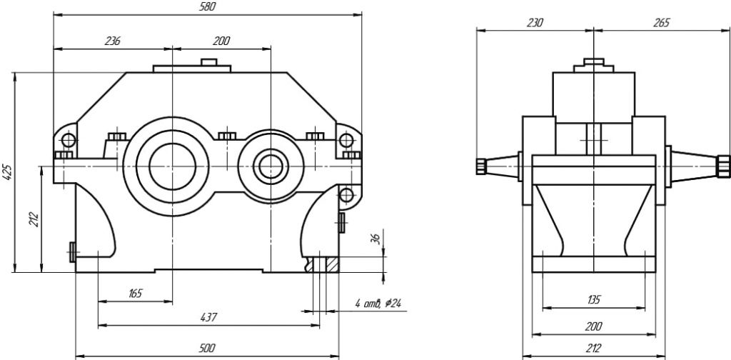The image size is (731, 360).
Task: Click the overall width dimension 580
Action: tap(207, 7)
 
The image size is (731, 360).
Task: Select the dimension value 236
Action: tap(112, 41)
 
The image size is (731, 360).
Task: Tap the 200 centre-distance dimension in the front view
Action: tap(221, 41)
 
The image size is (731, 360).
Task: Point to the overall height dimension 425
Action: tap(6, 172)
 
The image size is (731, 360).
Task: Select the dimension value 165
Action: tap(135, 293)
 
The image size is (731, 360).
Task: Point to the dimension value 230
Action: tap(535, 22)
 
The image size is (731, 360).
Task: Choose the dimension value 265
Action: tap(661, 22)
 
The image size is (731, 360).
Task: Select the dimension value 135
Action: tap(593, 299)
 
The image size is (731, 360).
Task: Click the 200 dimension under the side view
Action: tap(593, 326)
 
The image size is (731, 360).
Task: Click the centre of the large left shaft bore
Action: tap(171, 166)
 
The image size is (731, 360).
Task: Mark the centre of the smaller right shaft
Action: tap(271, 166)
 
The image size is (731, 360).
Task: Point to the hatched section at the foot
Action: tap(331, 264)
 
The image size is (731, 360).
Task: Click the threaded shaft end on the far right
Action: tap(724, 166)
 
